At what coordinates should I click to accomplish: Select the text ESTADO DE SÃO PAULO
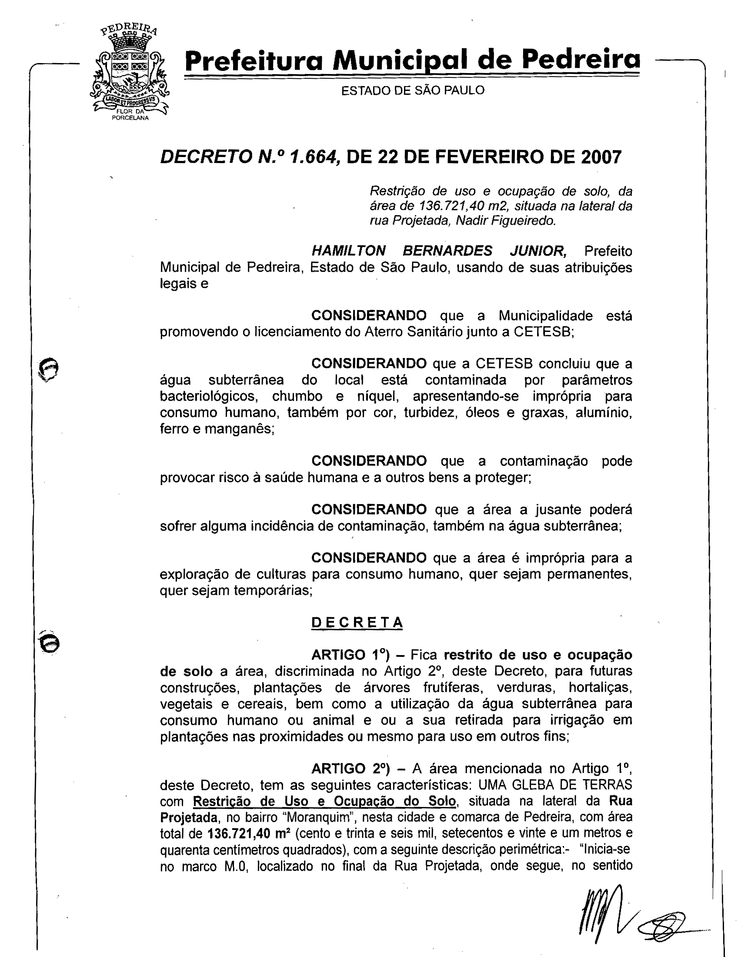[413, 90]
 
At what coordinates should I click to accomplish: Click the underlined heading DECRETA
[357, 622]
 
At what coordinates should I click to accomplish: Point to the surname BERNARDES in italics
[447, 251]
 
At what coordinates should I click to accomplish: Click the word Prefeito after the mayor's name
[608, 251]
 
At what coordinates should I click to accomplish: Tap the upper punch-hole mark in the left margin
[48, 367]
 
